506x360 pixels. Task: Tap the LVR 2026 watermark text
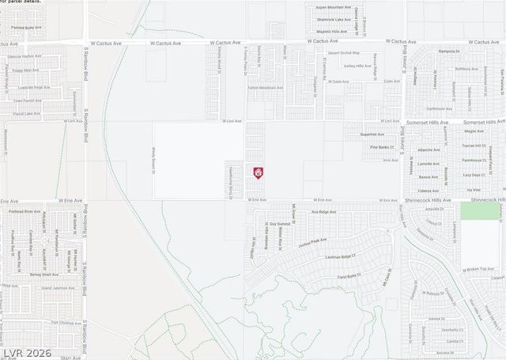26,352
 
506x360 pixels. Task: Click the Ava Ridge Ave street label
323,212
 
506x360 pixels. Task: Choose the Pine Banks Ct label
381,146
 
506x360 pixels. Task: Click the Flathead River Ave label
21,212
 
